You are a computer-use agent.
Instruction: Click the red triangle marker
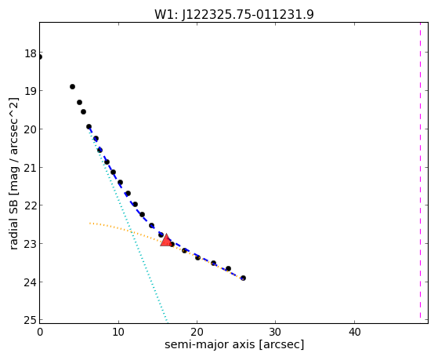[166, 240]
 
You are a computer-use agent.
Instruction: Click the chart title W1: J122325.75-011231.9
[234, 14]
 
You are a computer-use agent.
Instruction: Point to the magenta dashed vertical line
[420, 170]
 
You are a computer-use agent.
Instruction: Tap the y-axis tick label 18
[31, 53]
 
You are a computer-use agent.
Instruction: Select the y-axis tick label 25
[31, 320]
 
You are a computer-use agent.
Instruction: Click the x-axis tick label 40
[354, 332]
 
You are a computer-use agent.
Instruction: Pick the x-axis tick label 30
[276, 332]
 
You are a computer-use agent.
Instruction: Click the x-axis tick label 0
[40, 332]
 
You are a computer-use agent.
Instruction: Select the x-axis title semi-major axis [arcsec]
[234, 344]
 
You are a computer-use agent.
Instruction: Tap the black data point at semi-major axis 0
[40, 57]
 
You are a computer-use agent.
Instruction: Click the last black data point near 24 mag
[243, 278]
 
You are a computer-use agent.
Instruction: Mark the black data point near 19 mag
[72, 87]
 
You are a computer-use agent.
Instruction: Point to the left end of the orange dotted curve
[89, 224]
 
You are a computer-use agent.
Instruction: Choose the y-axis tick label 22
[31, 205]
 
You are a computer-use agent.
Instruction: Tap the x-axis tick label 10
[118, 332]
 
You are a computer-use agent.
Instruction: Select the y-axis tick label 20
[31, 129]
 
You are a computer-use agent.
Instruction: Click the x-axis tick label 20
[197, 332]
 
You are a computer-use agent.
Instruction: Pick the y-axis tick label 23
[31, 244]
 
